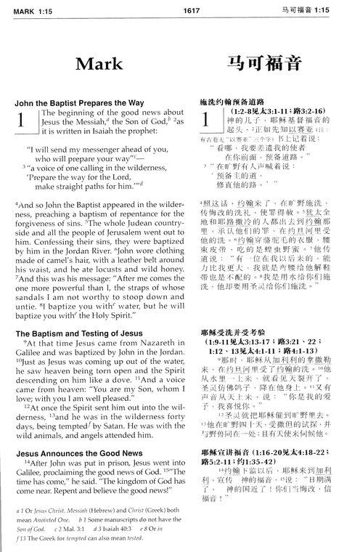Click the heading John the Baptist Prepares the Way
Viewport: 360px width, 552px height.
point(86,103)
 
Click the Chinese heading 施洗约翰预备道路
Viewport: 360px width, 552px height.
point(236,104)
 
